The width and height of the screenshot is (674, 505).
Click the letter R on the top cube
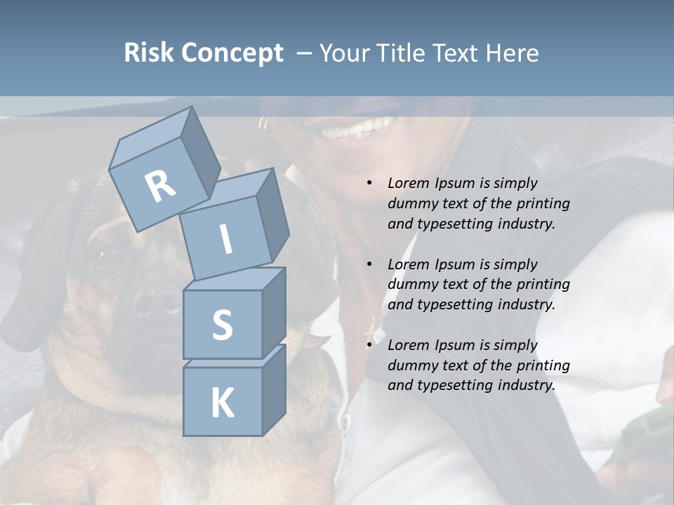[160, 187]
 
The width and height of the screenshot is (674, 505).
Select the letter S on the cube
[222, 325]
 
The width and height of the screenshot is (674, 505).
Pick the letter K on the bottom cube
[222, 403]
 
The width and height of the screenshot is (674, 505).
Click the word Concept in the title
[232, 53]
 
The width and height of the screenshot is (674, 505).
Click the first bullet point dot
[370, 184]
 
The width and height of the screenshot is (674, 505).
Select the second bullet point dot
[370, 264]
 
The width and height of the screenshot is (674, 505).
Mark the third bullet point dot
[370, 345]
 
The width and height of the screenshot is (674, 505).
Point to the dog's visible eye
[109, 256]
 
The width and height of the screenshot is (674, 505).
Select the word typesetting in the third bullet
[456, 385]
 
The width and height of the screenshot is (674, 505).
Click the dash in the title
[305, 53]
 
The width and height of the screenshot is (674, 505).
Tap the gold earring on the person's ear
[264, 125]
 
